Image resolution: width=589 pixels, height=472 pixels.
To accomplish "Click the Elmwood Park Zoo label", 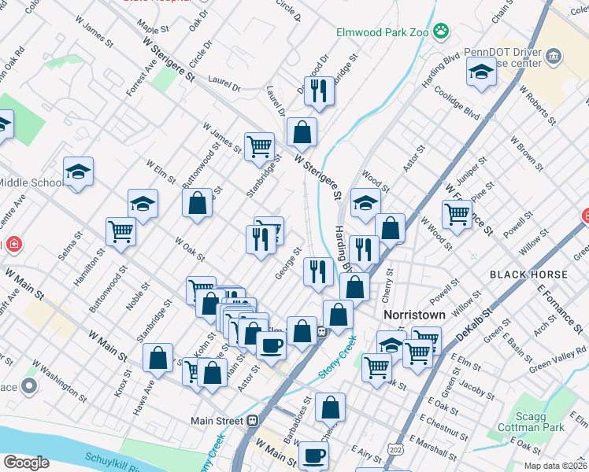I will click(x=382, y=33).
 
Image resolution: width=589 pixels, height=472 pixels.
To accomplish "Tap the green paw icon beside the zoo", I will click(x=443, y=32).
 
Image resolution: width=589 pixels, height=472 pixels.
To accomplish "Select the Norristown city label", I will click(x=414, y=314).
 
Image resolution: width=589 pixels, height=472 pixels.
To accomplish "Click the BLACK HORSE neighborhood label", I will click(x=528, y=274).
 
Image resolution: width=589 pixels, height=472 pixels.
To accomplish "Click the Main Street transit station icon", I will click(x=252, y=421).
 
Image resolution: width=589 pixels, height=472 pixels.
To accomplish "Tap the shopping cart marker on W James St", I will click(x=259, y=146).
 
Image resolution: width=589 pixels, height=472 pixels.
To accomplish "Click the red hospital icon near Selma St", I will click(x=13, y=245).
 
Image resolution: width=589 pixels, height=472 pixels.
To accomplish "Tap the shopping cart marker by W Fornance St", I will click(x=457, y=212).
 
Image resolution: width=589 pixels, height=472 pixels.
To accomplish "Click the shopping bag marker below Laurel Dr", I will click(x=302, y=132).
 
